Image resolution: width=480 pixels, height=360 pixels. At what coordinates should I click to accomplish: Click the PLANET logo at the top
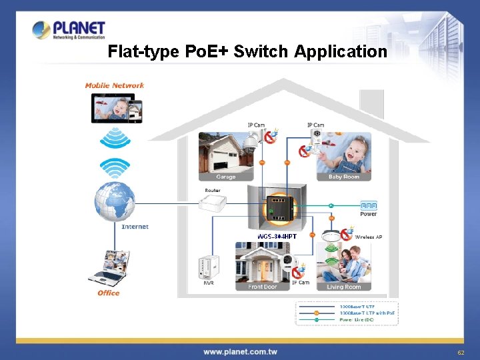[x=69, y=30]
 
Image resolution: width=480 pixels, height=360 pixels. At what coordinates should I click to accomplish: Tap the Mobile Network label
[x=114, y=85]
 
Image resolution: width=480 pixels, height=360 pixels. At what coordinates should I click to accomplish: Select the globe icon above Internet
[x=115, y=201]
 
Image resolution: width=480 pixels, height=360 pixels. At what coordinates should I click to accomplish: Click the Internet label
[x=135, y=227]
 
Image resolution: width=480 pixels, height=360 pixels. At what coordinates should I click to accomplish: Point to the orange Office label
[x=108, y=293]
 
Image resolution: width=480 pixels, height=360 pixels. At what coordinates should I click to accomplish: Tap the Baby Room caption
[x=343, y=177]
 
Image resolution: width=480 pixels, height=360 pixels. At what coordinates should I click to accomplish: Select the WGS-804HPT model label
[x=277, y=236]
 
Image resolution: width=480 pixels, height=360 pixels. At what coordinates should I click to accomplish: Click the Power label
[x=369, y=214]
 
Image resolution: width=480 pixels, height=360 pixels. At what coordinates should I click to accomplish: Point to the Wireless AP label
[x=369, y=237]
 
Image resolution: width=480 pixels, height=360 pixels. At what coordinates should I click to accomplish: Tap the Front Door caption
[x=262, y=287]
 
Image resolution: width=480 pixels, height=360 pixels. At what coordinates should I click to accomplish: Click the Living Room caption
[x=343, y=287]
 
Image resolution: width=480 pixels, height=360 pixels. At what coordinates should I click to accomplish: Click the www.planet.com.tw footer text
[x=240, y=351]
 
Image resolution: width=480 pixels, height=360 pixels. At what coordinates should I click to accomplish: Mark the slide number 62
[x=460, y=352]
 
